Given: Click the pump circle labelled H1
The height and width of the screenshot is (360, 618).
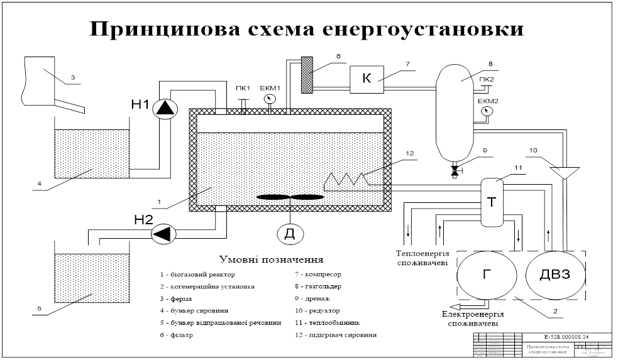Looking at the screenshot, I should pos(166,108).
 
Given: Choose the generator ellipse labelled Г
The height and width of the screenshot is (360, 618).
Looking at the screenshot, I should pos(487,275).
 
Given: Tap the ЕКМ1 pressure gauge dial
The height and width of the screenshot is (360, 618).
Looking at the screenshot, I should pos(270,99).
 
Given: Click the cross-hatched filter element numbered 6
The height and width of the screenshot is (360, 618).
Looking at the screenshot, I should pos(307,74).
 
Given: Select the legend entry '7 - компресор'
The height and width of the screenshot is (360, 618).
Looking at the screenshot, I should pos(319,275).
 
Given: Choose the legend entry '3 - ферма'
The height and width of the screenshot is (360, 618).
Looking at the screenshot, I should pos(177,299).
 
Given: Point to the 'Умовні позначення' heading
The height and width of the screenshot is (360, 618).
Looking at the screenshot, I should pos(270,259).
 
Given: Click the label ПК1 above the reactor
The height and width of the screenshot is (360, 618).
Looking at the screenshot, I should pos(243,88).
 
